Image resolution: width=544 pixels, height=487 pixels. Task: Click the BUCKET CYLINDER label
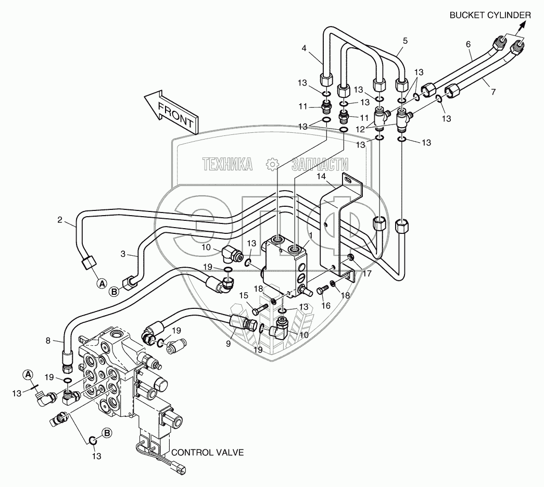coord(490,16)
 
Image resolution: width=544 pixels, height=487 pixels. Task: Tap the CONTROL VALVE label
coord(207,453)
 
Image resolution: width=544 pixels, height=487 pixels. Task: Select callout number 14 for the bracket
coord(321,177)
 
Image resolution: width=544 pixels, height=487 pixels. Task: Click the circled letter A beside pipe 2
coord(102,283)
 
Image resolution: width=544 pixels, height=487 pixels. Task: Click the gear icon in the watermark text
coord(272,165)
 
